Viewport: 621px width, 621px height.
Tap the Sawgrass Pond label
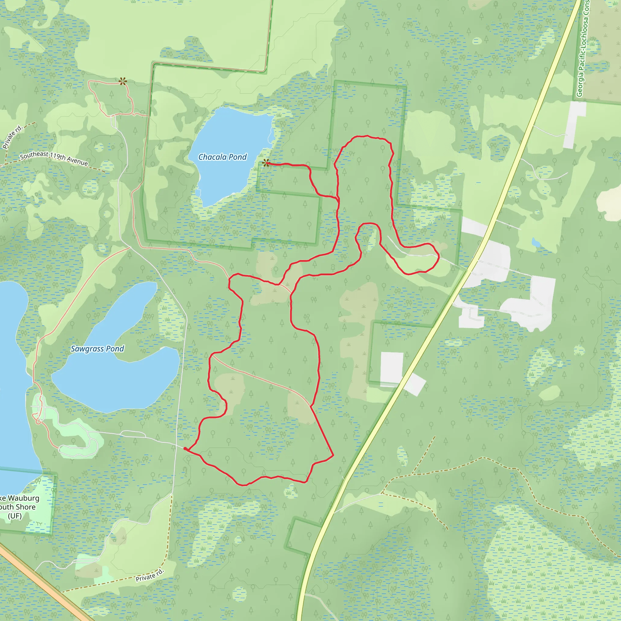pos(97,349)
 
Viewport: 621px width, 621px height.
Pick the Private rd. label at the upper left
pos(12,137)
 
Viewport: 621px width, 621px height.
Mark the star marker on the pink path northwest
pos(123,81)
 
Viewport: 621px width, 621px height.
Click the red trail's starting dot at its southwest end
pos(185,448)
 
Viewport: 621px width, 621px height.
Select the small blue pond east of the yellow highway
pos(535,243)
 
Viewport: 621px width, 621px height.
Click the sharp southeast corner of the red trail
pos(333,455)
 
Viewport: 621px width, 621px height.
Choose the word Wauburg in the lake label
pos(23,498)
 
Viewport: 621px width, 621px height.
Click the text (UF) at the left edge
pos(15,516)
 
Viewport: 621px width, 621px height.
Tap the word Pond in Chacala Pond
pos(238,157)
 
